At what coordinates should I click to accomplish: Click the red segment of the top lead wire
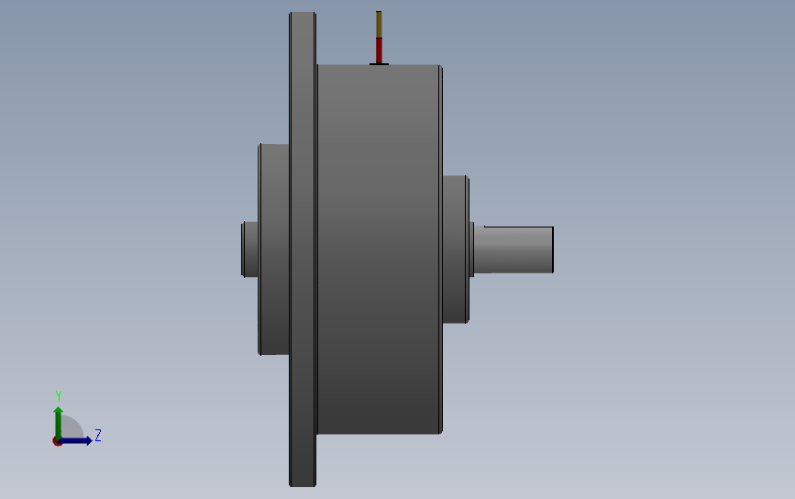(379, 50)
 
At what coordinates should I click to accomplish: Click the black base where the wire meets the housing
(379, 63)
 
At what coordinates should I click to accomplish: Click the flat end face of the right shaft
(553, 249)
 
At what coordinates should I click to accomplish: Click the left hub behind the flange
(274, 249)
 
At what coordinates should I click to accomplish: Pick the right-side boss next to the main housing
(455, 249)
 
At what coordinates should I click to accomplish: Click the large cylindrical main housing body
(378, 249)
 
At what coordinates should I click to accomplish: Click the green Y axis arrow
(58, 420)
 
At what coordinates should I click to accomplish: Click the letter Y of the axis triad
(59, 396)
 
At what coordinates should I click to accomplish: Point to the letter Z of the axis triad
(97, 436)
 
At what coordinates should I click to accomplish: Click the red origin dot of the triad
(57, 441)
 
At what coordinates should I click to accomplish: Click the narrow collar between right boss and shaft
(473, 249)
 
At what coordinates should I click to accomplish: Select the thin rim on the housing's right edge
(441, 249)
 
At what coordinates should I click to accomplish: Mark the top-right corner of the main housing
(440, 67)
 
